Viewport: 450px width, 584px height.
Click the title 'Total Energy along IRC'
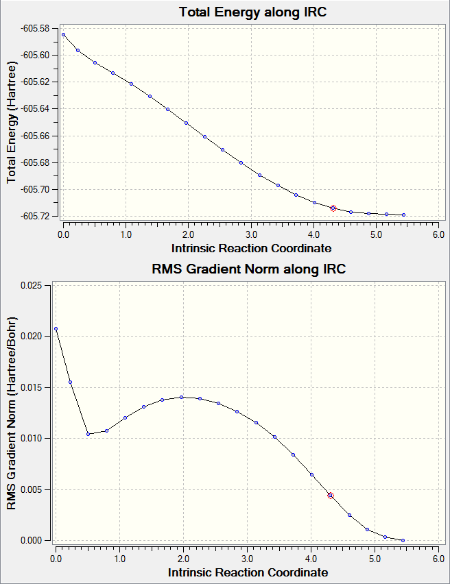(x=252, y=12)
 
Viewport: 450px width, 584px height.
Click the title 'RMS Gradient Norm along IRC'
(x=249, y=269)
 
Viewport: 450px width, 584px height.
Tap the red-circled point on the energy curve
(x=333, y=208)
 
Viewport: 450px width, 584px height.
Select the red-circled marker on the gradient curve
(x=331, y=496)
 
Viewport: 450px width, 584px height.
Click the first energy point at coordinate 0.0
(x=63, y=35)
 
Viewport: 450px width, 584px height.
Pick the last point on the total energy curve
(x=403, y=215)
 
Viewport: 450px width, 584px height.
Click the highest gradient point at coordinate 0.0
(x=56, y=328)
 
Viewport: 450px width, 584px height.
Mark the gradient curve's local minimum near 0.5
(x=88, y=434)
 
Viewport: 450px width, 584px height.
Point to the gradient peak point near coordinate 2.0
(x=182, y=397)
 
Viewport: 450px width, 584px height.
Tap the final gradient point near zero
(x=403, y=540)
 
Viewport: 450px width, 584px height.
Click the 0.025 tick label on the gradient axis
(x=31, y=285)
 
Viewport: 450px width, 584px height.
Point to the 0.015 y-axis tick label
(x=31, y=387)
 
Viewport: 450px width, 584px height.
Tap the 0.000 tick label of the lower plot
(x=31, y=540)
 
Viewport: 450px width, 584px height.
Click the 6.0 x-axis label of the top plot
(x=439, y=234)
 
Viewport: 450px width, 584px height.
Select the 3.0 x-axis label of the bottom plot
(x=247, y=559)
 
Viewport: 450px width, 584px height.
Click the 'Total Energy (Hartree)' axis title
(x=11, y=123)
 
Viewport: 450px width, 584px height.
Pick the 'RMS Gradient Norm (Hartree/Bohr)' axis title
(x=11, y=413)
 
